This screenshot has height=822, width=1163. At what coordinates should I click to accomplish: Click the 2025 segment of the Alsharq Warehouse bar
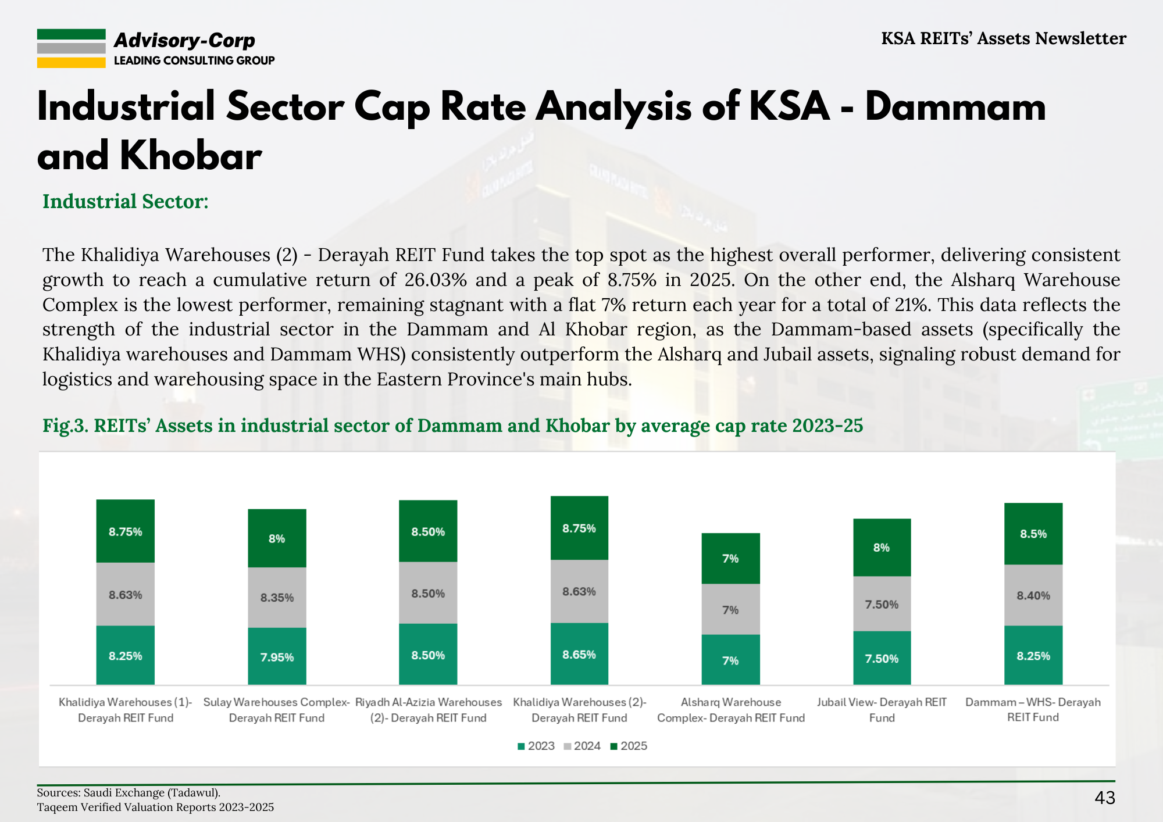coord(730,558)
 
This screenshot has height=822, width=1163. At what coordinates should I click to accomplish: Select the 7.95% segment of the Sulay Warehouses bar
coord(277,656)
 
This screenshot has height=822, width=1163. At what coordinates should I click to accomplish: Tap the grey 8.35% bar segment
coord(277,597)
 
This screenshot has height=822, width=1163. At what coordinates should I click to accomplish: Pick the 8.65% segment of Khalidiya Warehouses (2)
coord(579,654)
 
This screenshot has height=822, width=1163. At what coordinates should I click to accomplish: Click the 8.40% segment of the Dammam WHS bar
coord(1033,595)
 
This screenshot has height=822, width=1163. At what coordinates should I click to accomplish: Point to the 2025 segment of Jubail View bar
coord(882,547)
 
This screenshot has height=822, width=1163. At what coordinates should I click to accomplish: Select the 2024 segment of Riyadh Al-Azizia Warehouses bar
coord(428,593)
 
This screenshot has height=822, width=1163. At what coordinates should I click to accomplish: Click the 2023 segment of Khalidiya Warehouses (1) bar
coord(126,655)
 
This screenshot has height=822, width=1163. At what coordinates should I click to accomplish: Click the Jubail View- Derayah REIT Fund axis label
coord(882,710)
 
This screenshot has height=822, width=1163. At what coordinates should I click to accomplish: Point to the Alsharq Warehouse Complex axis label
coord(731,710)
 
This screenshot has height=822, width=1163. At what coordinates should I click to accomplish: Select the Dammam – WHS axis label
coord(1033,709)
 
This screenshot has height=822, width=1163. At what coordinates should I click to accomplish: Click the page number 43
coord(1104,798)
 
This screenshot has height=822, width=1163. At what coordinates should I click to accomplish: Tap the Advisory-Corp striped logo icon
coord(72,49)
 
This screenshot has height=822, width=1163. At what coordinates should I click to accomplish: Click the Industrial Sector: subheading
coord(126,201)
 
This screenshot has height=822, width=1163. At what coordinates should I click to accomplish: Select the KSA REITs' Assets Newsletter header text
coord(1003,38)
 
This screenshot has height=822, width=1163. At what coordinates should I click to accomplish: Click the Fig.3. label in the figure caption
coord(65,426)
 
